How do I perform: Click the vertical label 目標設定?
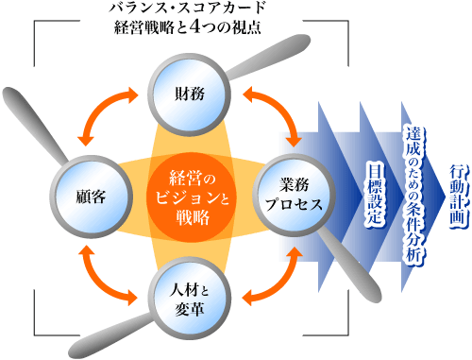coord(374,191)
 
